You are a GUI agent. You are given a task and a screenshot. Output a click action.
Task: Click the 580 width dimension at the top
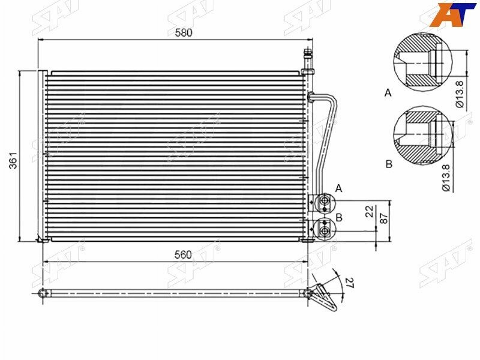184,33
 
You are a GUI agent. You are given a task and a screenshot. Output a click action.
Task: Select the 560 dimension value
184,254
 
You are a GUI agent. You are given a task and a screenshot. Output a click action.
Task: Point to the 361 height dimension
13,158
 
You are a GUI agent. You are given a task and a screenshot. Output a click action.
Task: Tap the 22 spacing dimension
370,211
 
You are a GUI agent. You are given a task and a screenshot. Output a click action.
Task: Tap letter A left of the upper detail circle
388,93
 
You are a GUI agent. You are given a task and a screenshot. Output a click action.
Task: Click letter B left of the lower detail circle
388,164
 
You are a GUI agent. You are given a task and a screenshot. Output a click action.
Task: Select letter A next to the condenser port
338,188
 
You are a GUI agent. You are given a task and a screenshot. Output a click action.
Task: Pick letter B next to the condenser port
339,218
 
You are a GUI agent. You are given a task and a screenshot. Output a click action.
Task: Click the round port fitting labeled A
325,202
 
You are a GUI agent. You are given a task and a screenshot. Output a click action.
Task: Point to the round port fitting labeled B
325,229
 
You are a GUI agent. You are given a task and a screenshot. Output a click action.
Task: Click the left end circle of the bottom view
43,293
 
